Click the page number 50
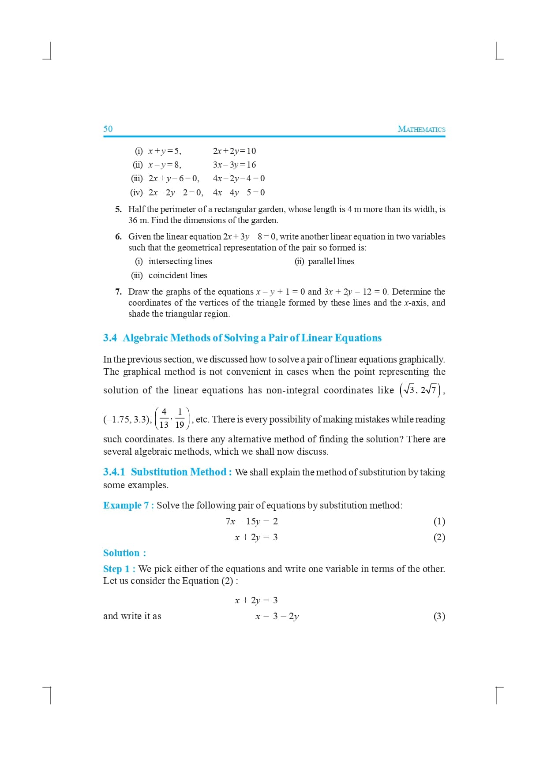point(108,129)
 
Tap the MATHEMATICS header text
point(421,129)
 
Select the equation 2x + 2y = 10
point(234,151)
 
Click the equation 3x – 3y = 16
point(234,165)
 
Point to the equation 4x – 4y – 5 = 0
point(239,192)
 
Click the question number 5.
point(118,209)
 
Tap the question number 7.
point(118,292)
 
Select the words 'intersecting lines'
point(180,261)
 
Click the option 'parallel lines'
point(331,261)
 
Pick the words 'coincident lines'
point(178,275)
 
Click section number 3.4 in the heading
point(110,338)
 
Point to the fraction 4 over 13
point(164,418)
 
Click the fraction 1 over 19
point(180,418)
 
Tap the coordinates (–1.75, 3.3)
point(127,419)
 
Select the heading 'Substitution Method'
point(179,472)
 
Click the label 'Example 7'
point(126,505)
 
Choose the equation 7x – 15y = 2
point(251,521)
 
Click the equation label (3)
point(439,616)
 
